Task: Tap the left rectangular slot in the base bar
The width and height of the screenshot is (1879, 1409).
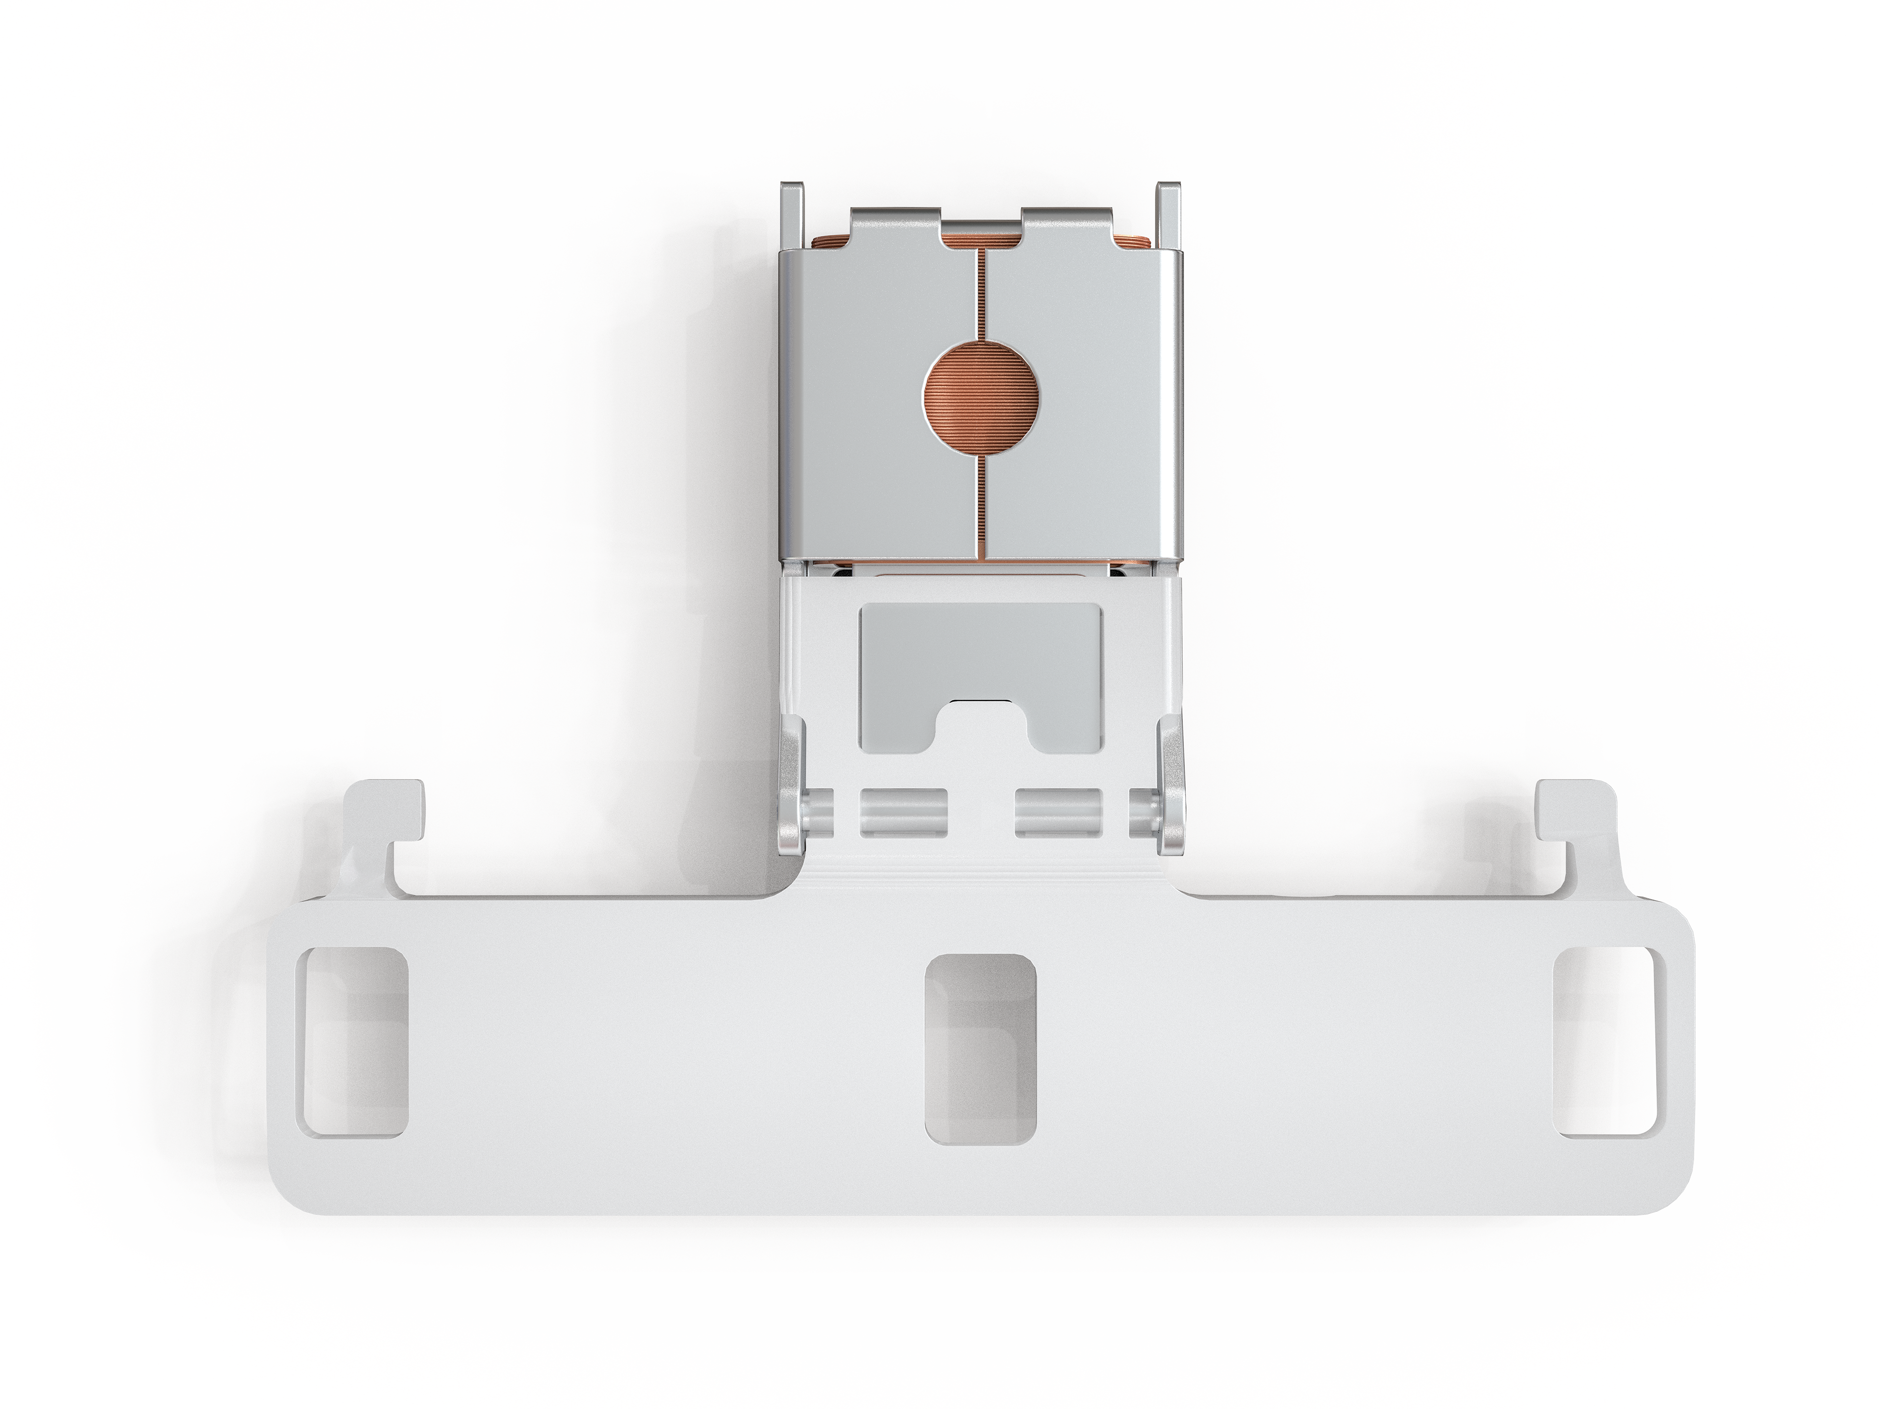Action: pos(352,1042)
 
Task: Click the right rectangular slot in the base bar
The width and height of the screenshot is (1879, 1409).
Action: pos(1604,1042)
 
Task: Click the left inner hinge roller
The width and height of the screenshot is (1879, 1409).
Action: pos(904,813)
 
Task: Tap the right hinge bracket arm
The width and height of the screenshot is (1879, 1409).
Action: pos(1170,781)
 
